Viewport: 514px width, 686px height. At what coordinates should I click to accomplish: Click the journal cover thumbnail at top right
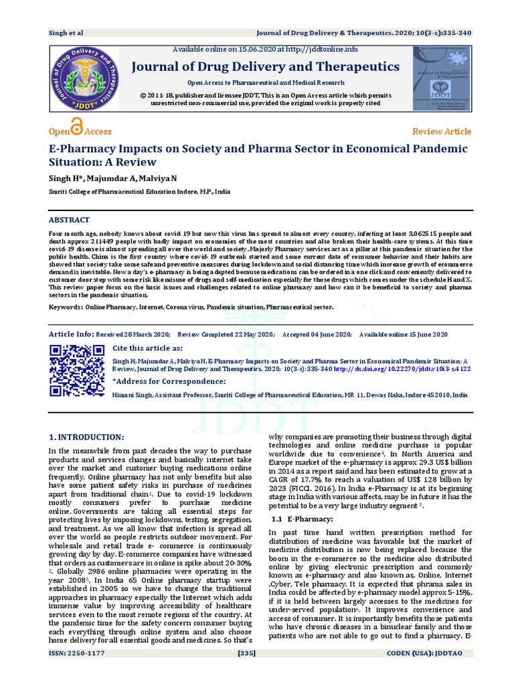point(440,78)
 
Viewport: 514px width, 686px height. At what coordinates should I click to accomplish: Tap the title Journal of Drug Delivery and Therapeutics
point(265,66)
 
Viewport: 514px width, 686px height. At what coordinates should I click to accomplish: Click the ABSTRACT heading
point(70,220)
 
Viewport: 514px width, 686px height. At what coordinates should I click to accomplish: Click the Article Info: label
point(71,334)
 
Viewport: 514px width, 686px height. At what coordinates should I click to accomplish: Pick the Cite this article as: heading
point(147,348)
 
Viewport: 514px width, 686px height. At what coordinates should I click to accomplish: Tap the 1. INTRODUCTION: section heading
point(86,437)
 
